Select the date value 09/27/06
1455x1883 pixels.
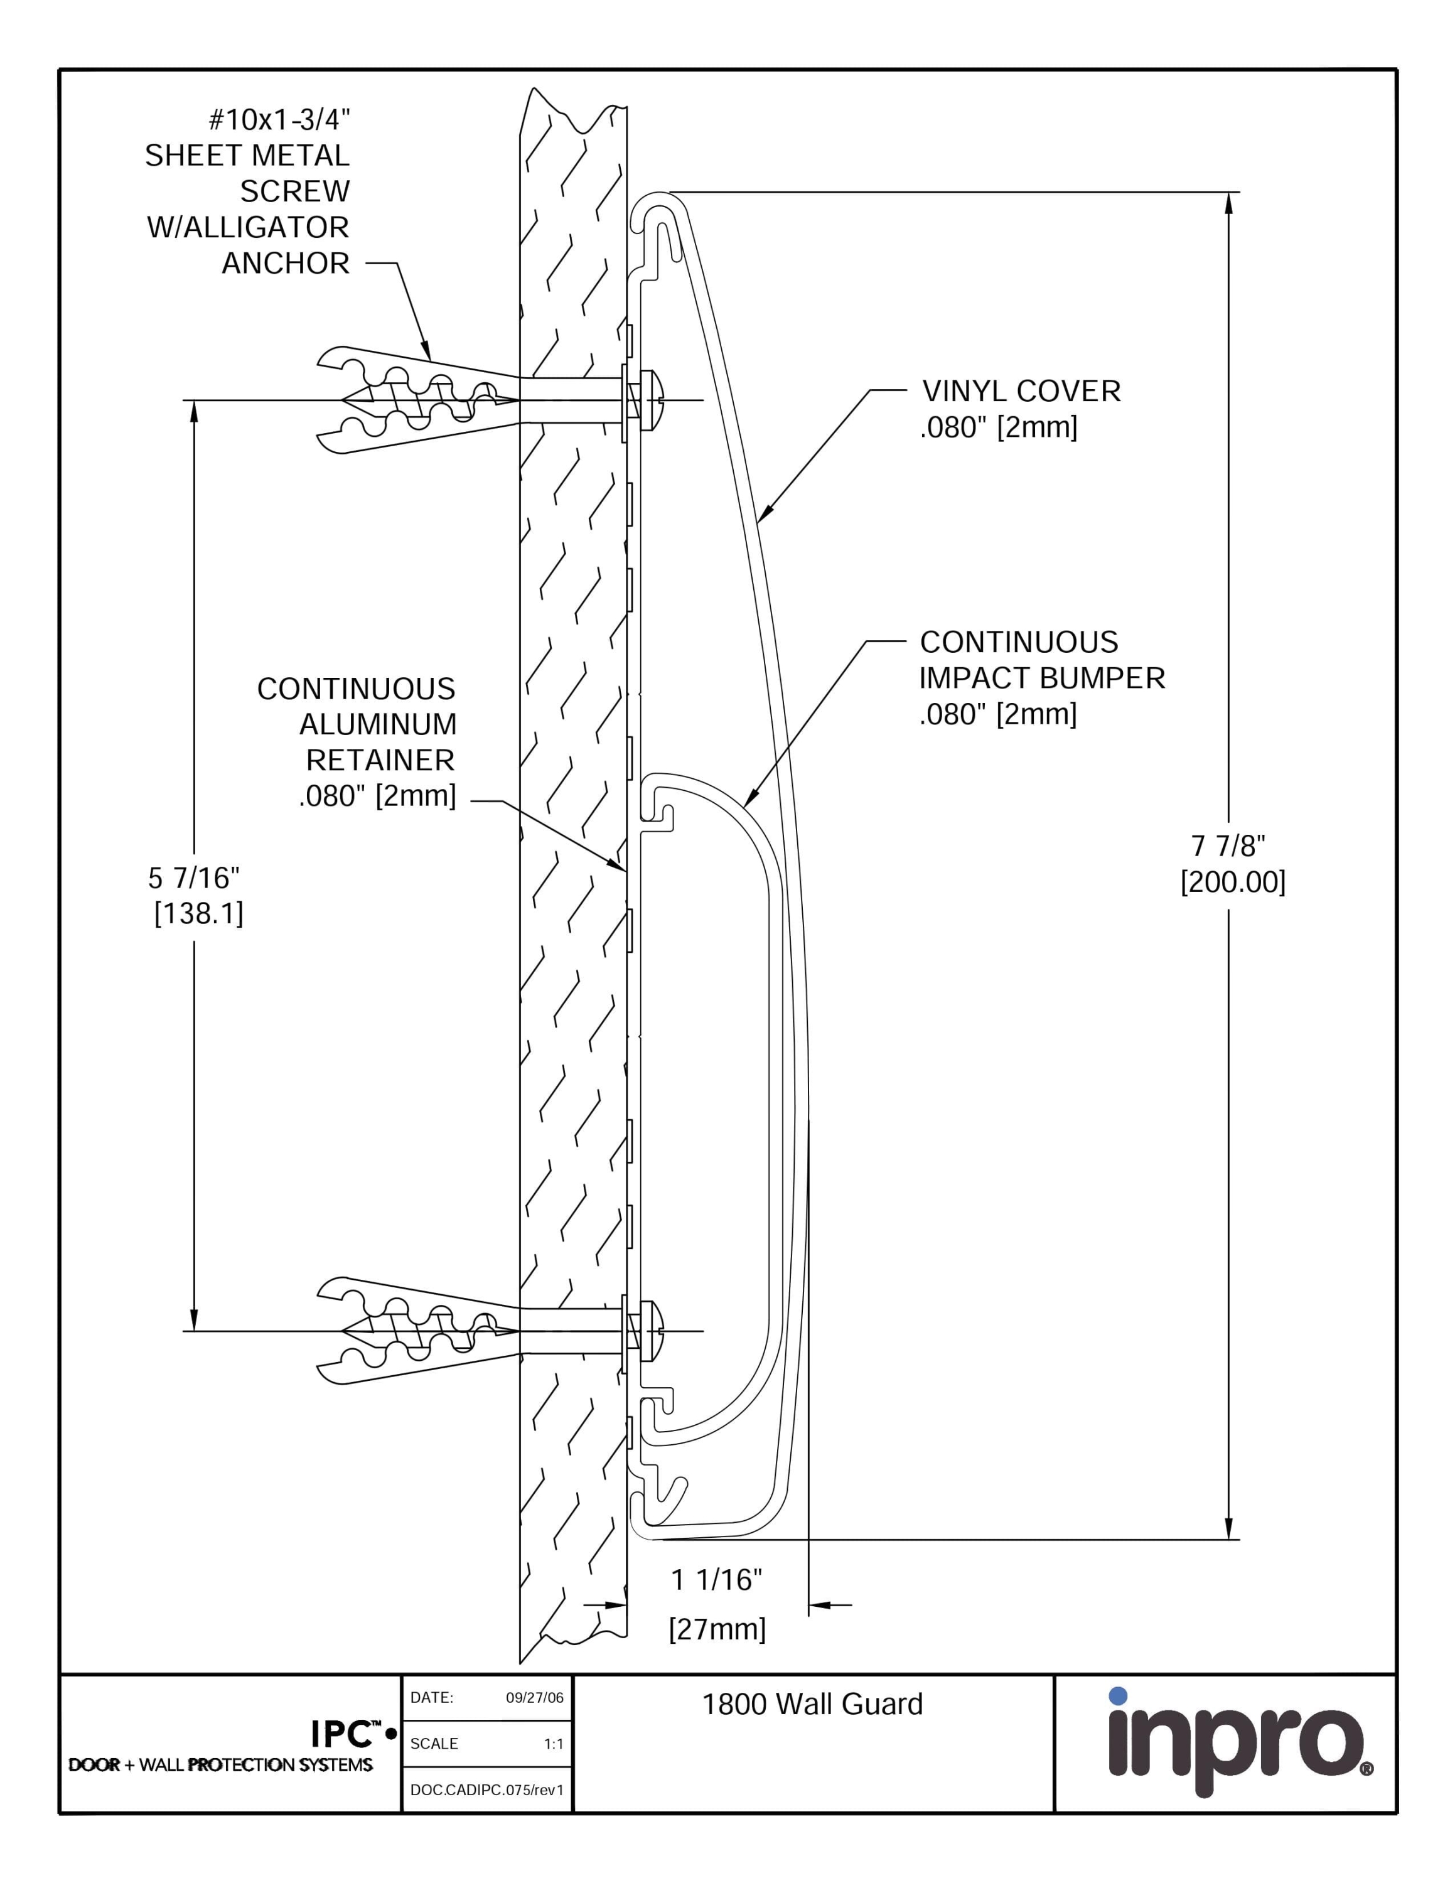pos(534,1698)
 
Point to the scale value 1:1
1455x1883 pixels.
pos(554,1743)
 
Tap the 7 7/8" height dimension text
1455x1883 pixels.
pos(1228,846)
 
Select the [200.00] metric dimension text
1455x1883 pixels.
pos(1233,882)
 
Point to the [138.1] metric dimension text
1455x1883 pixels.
pos(198,913)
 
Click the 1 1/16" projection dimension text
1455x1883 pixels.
pos(716,1579)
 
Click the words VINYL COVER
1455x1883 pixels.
pos(1021,392)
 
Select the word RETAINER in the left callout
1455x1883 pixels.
pos(380,761)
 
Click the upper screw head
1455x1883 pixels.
pos(652,399)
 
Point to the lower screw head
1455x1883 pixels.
pos(652,1331)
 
